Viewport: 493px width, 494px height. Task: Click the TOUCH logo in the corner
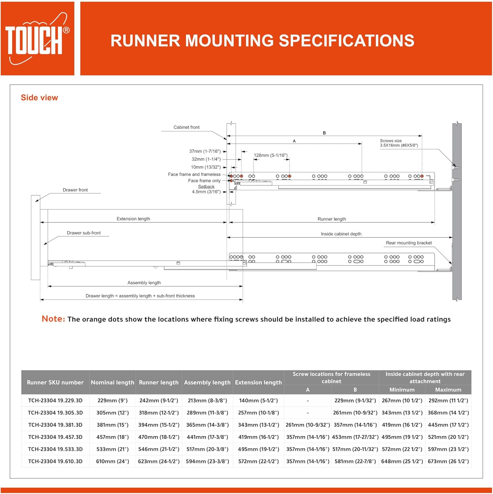click(37, 39)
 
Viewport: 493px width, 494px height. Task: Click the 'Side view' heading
click(39, 98)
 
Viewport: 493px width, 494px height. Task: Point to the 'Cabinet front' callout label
click(186, 127)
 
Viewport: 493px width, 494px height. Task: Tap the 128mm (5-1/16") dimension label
click(270, 155)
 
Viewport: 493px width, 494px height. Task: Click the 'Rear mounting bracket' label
click(409, 243)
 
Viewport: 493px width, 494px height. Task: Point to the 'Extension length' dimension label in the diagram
click(133, 219)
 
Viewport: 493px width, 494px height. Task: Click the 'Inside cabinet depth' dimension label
click(341, 234)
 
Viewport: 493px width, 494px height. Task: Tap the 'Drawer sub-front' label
click(84, 233)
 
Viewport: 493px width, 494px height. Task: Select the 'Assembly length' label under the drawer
click(144, 283)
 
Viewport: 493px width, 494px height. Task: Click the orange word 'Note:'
click(53, 319)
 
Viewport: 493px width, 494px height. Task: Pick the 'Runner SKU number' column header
click(55, 382)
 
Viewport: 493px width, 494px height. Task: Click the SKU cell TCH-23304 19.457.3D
click(55, 437)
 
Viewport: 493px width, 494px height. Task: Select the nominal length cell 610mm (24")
click(112, 461)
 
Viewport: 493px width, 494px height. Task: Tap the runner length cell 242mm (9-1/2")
click(158, 400)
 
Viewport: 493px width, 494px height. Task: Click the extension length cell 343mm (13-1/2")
click(258, 425)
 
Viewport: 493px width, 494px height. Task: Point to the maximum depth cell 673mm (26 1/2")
click(448, 461)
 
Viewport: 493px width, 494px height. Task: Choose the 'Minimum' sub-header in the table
click(402, 390)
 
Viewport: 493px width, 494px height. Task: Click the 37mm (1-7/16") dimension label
click(205, 151)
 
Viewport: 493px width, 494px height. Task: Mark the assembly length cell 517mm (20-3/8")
click(207, 449)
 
